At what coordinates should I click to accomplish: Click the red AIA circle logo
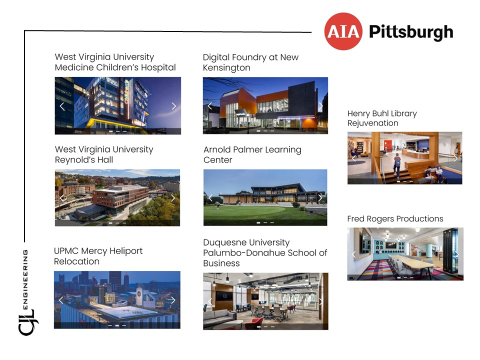tap(343, 31)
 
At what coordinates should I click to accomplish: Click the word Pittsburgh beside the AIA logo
tap(411, 32)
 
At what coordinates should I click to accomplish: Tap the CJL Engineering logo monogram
tap(27, 322)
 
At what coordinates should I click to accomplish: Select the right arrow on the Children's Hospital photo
tap(174, 106)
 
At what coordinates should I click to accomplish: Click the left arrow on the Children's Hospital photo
tap(62, 106)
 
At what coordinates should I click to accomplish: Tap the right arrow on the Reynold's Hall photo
tap(173, 198)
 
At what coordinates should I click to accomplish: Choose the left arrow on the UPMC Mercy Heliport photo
tap(61, 300)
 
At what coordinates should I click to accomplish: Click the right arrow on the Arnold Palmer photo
tap(320, 198)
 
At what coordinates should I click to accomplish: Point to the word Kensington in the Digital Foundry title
tap(226, 67)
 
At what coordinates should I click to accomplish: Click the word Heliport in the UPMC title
tap(126, 251)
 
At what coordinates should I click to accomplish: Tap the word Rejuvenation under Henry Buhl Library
tap(373, 123)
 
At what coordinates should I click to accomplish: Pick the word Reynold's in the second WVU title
tap(75, 160)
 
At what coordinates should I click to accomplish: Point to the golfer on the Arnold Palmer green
tap(217, 205)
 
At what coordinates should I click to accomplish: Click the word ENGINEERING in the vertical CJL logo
tap(25, 279)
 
